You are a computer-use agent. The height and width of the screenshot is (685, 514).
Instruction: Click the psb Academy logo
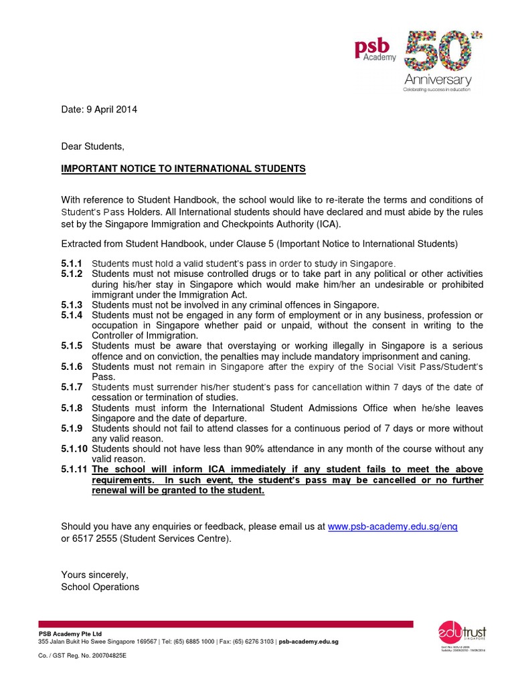(375, 50)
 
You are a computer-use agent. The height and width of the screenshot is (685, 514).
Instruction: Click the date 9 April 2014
(99, 110)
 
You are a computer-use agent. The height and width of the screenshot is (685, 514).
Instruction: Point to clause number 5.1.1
(72, 263)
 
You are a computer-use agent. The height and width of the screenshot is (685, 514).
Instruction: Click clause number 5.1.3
(72, 304)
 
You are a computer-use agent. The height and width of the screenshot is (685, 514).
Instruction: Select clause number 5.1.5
(72, 346)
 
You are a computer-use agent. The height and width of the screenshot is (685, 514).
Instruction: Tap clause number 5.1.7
(72, 387)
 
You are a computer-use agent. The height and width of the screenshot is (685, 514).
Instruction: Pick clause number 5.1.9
(72, 428)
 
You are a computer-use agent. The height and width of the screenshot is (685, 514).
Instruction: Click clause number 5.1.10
(74, 449)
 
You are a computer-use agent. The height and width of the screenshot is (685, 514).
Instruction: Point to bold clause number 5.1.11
(74, 470)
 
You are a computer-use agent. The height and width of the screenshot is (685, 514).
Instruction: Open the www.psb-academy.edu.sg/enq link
(393, 526)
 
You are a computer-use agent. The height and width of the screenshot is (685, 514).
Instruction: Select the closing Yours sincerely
(94, 575)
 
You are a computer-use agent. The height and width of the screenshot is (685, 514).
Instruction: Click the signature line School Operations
(100, 587)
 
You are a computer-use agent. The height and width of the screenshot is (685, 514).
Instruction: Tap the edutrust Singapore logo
(462, 633)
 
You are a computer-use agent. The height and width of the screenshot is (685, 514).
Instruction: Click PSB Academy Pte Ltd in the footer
(70, 633)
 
